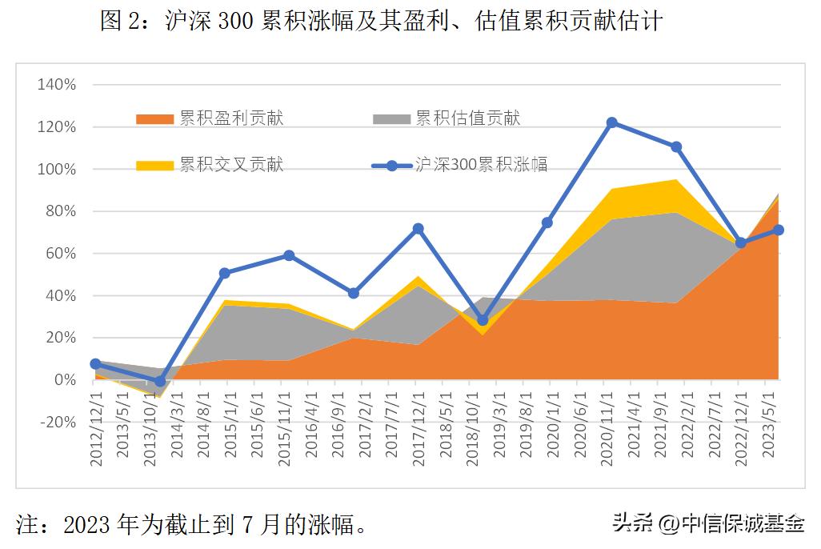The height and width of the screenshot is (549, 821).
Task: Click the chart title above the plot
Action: (x=381, y=21)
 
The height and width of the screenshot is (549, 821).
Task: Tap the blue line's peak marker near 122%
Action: (x=612, y=122)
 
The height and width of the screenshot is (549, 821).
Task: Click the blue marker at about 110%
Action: (x=676, y=147)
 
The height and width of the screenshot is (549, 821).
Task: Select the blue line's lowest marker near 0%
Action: (x=160, y=382)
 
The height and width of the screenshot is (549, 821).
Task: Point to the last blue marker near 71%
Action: (x=779, y=230)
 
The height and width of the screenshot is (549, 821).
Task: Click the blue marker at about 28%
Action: (x=483, y=320)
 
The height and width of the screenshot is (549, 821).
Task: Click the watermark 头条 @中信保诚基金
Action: (x=708, y=524)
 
